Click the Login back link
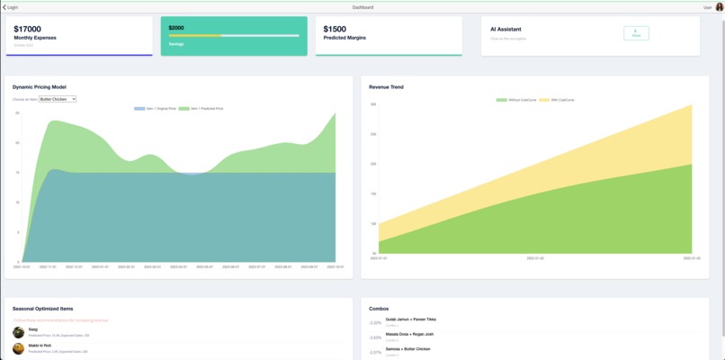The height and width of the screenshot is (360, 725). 11,7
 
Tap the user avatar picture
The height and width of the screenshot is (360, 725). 719,7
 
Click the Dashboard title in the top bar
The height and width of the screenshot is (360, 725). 362,7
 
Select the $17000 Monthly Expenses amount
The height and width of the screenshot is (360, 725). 28,30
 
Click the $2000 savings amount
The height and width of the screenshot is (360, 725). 176,28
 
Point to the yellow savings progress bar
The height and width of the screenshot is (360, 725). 194,36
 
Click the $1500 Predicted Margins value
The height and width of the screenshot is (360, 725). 335,30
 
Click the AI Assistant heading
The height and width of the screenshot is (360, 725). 506,30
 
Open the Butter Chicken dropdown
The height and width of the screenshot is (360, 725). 58,99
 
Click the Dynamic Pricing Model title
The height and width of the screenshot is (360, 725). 40,87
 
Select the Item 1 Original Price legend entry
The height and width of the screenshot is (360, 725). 153,108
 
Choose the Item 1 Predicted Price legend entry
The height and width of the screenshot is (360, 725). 201,108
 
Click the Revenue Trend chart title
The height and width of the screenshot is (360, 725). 386,87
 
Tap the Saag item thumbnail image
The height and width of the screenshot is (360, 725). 19,332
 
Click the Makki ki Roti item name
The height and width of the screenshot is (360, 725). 40,345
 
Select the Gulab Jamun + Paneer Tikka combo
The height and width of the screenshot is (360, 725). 410,319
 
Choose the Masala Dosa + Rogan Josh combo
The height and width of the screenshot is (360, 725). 409,334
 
